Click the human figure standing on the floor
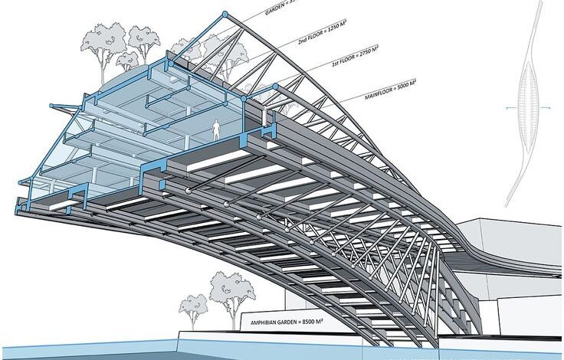[x=217, y=130]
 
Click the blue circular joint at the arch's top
[x=224, y=15]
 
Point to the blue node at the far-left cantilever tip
[x=18, y=182]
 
